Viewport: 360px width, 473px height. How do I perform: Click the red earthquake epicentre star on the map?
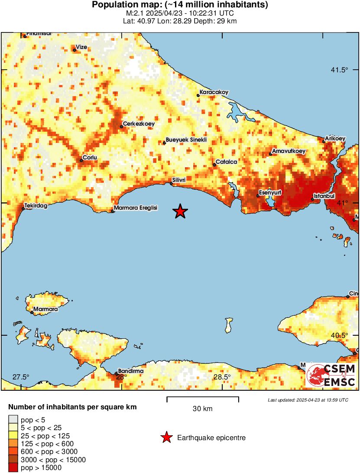point(180,211)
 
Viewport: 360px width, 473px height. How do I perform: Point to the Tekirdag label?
point(36,206)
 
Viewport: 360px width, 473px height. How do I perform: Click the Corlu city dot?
point(81,161)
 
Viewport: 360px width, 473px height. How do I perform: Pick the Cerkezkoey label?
point(139,123)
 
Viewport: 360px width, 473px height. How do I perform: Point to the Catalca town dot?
point(214,165)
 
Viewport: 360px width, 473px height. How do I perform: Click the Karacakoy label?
point(214,92)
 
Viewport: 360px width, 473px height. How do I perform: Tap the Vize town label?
point(81,47)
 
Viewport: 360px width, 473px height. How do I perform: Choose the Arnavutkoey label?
point(288,151)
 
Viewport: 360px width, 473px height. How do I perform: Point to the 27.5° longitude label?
point(20,377)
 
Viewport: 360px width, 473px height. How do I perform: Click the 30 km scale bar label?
point(202,408)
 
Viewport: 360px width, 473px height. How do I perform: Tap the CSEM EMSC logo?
point(331,376)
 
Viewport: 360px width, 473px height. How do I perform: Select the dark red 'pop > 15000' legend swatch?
point(13,467)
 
